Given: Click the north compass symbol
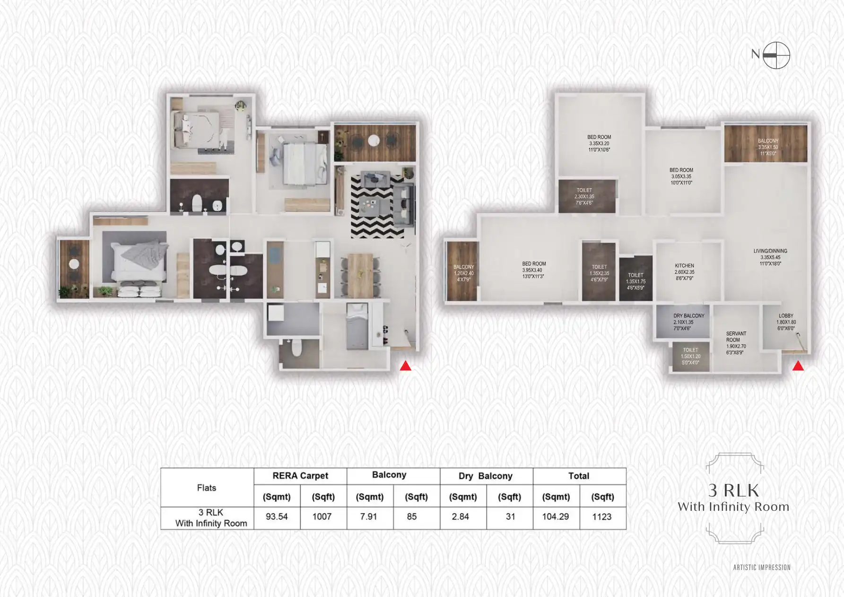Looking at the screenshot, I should pos(776,55).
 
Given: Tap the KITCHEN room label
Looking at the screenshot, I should pos(684,272).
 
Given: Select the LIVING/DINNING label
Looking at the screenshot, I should pos(770,257).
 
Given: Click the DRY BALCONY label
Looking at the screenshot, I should pos(688,322).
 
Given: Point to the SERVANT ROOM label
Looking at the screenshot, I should pos(736,342).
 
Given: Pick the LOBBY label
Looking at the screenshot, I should pos(786,322).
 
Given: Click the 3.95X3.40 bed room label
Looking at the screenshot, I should pos(534,270).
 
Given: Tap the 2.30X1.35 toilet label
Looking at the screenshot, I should pos(584,196).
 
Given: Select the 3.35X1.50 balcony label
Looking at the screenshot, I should pos(768,147).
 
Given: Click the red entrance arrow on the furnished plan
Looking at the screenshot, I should pos(406,366).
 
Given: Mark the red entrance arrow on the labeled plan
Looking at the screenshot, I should pos(798,366).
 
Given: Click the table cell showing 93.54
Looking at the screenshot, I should pos(277,517).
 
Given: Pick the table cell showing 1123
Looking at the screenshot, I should pos(602,517).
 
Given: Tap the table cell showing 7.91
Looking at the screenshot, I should pos(369,517).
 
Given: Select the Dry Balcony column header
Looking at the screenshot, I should pos(486,476).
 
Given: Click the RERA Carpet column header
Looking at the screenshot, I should pos(300,476).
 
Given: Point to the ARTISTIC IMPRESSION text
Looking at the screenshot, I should pos(762,567).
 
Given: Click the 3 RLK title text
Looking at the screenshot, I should pos(733,491).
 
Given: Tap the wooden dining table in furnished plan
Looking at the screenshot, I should pos(360,275).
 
